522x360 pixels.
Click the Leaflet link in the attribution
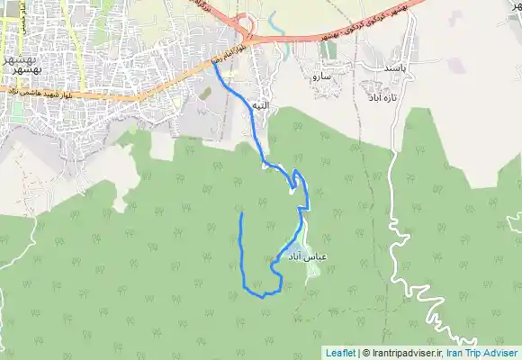click(x=340, y=353)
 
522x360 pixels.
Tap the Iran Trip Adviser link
click(x=487, y=353)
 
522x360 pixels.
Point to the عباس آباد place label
click(x=306, y=257)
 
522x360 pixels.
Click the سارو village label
click(x=321, y=78)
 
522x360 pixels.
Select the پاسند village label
click(x=397, y=67)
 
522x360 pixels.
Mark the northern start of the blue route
click(x=214, y=63)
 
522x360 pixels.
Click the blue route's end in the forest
click(x=242, y=214)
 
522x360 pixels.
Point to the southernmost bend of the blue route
click(x=262, y=295)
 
